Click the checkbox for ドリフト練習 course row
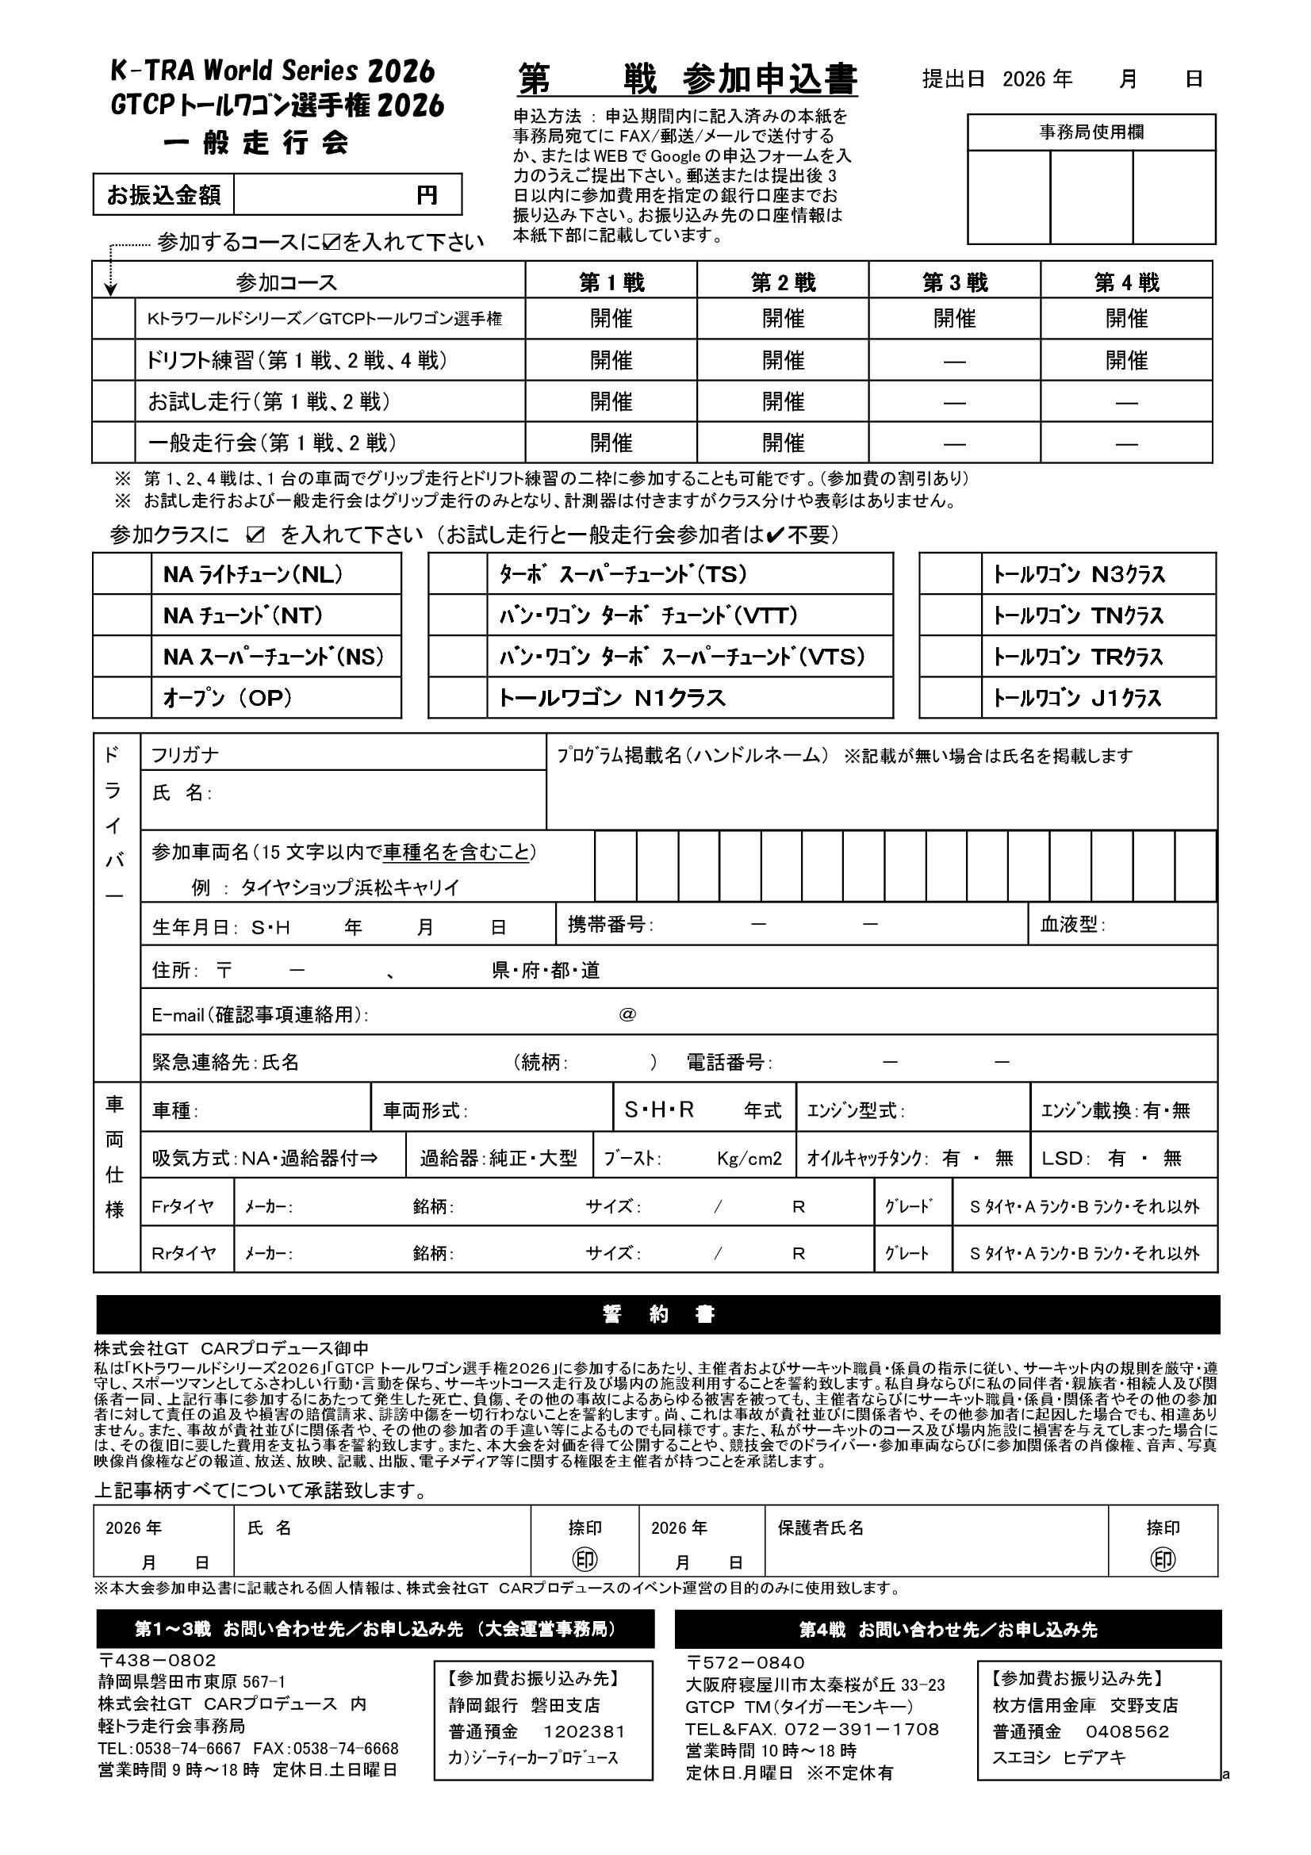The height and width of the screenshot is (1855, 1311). [x=114, y=360]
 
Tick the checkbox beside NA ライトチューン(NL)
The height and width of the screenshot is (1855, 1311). [x=122, y=574]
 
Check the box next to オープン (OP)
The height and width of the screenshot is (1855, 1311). [x=122, y=698]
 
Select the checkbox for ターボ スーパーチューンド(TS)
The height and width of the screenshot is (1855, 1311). [x=457, y=574]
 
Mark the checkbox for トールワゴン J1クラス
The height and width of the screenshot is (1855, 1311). [x=950, y=698]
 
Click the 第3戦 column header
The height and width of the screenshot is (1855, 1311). [x=955, y=283]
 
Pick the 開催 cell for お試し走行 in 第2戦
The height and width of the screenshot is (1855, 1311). [x=783, y=401]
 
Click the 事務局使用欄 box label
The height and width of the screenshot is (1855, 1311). [x=1091, y=132]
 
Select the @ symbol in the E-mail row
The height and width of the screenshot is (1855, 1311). [x=627, y=1015]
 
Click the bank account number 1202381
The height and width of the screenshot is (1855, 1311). [x=584, y=1731]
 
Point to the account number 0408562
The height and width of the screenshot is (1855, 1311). [x=1128, y=1731]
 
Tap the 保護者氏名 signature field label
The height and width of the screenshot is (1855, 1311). [x=821, y=1527]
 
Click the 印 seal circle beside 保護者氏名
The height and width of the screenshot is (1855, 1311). [x=1163, y=1560]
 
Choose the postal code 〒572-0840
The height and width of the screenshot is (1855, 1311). [x=746, y=1663]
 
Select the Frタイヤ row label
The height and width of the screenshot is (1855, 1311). [x=183, y=1206]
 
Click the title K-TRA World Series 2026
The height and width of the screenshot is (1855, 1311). [x=273, y=72]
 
